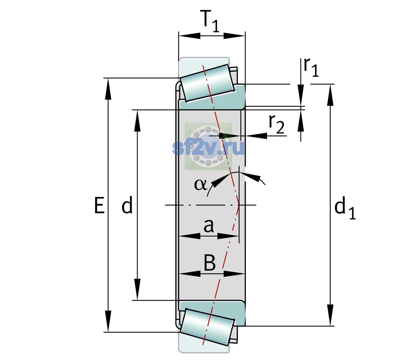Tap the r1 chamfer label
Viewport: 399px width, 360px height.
pos(311,67)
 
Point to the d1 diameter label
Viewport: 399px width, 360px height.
pos(345,210)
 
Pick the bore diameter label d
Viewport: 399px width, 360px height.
pos(127,205)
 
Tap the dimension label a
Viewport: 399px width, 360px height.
pos(208,226)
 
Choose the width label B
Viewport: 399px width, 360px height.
pos(210,263)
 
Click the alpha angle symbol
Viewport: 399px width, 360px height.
pos(200,184)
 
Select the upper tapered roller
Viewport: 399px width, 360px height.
pos(207,83)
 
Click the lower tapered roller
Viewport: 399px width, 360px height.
pos(207,327)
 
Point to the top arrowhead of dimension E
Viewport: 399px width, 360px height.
pos(108,89)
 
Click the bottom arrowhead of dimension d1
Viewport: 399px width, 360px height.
pos(330,315)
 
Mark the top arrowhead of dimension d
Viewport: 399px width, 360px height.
pos(137,121)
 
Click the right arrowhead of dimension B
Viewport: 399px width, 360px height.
pos(234,274)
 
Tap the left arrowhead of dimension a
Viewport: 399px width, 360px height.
pos(190,236)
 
